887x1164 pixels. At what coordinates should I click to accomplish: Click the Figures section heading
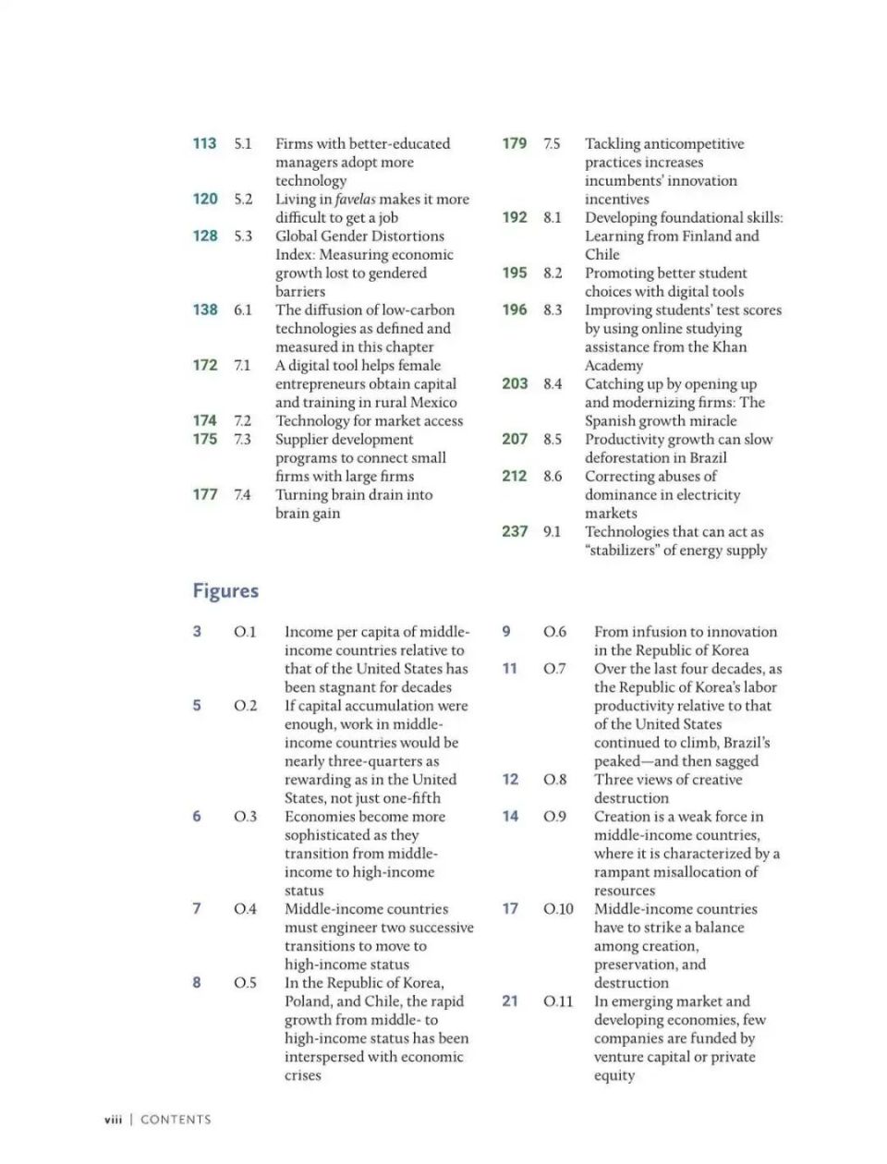[x=225, y=591]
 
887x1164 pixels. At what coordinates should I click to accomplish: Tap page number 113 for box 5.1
[x=204, y=143]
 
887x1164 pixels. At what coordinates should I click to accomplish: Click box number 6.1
[x=242, y=309]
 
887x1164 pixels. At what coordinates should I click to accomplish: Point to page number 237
[x=515, y=531]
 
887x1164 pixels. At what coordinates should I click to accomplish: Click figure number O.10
[x=558, y=909]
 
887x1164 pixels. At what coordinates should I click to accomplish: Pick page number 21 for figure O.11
[x=510, y=1001]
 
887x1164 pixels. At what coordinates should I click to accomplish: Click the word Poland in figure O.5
[x=309, y=1001]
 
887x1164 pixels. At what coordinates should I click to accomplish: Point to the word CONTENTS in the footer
[x=176, y=1120]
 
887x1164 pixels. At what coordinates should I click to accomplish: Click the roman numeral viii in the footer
[x=113, y=1120]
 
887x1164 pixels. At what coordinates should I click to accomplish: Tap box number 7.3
[x=242, y=439]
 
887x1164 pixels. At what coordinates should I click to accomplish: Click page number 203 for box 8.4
[x=515, y=383]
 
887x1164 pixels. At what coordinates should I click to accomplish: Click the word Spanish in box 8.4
[x=612, y=420]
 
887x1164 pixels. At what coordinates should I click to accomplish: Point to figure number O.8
[x=555, y=780]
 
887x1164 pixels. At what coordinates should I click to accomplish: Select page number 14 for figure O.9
[x=510, y=817]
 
